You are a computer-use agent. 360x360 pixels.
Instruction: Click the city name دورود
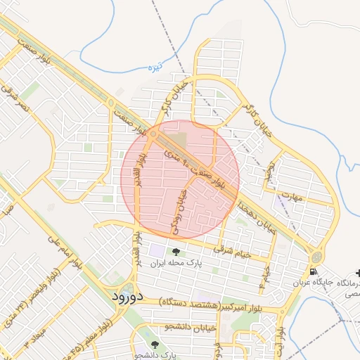coord(127,296)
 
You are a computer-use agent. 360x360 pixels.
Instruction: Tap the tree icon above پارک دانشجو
coord(155,344)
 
